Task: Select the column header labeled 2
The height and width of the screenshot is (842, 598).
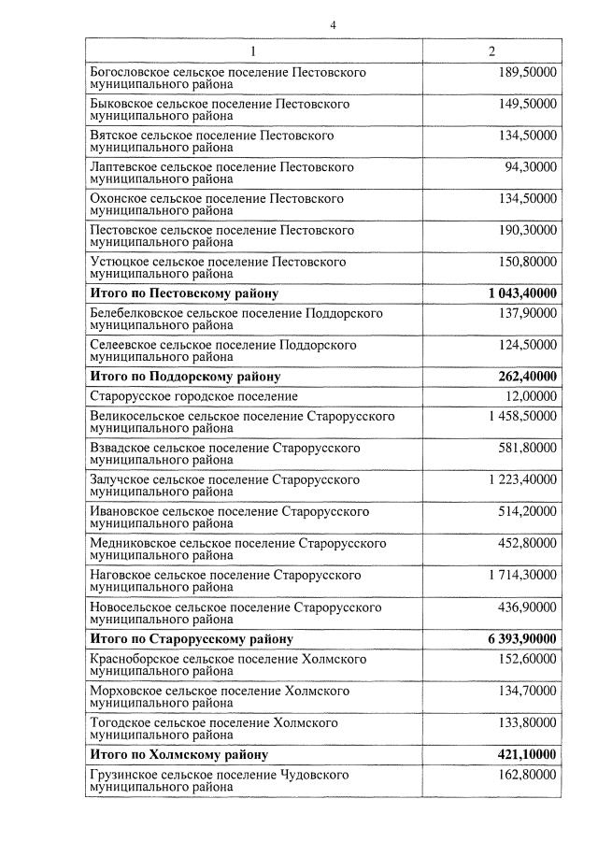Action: coord(491,50)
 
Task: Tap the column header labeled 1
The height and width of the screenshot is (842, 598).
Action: coord(253,50)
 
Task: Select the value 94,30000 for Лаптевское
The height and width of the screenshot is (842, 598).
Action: coord(531,167)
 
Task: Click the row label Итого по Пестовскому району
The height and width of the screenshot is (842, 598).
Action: coord(183,293)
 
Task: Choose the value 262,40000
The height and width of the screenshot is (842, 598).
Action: coord(527,377)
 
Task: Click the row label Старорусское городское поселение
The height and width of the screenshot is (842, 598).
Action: coord(193,397)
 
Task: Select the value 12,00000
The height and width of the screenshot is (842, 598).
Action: coord(531,397)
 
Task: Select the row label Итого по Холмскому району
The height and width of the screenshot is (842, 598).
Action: coord(178,754)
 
